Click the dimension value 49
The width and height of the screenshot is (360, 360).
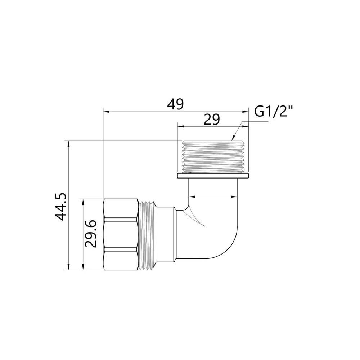coord(175,104)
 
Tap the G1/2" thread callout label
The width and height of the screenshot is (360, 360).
coord(273,112)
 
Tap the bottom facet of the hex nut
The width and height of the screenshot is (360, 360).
coord(121,259)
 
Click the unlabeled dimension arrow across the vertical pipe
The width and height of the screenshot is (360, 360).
coord(213,197)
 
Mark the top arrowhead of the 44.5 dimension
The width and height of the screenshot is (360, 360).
coord(68,143)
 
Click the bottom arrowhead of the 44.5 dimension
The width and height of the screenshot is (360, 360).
coord(68,267)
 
